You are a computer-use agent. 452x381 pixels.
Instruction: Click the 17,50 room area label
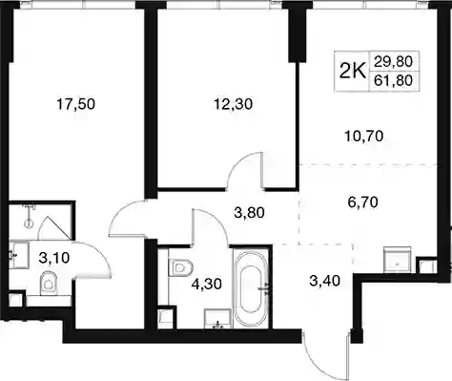75,104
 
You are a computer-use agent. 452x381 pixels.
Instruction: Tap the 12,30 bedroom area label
233,104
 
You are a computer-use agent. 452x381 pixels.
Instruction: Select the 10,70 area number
364,137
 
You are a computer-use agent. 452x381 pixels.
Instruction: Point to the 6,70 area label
362,201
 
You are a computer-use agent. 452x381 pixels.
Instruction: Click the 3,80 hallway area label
249,213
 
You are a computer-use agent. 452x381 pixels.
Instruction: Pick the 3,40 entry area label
325,281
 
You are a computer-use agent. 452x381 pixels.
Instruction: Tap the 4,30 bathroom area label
206,284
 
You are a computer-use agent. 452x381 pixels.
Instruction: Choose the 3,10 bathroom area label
54,258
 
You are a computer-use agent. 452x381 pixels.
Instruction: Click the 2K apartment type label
353,72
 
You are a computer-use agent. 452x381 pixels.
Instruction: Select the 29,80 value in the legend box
393,61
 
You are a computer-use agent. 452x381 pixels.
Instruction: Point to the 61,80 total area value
393,80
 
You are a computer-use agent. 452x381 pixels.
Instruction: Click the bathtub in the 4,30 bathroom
253,288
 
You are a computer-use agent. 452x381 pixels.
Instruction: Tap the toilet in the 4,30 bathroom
180,267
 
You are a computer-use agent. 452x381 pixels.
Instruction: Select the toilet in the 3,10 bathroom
49,283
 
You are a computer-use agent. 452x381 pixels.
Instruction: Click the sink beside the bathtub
217,318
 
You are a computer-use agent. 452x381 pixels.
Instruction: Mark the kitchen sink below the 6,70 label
397,260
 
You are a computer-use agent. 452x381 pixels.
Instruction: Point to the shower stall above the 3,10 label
39,221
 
